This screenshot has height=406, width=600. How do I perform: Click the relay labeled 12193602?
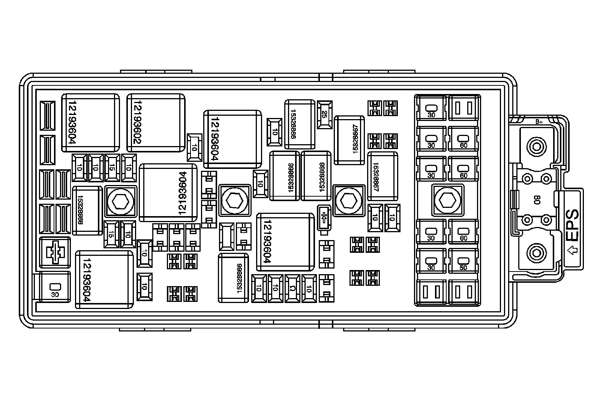click(x=156, y=123)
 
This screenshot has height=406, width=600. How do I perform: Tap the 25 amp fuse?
click(x=325, y=114)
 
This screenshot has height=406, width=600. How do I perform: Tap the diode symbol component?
click(x=324, y=217)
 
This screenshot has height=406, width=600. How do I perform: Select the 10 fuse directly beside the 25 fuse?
click(x=275, y=132)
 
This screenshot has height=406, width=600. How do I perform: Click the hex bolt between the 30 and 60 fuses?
click(x=447, y=200)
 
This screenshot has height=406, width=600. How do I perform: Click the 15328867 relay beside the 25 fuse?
click(x=349, y=140)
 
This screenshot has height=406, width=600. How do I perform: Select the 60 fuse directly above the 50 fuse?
click(x=463, y=232)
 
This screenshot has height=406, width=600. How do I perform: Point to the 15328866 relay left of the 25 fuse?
click(x=299, y=124)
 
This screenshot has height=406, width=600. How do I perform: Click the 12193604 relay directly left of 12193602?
click(x=91, y=123)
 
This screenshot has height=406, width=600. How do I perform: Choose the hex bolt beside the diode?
click(x=349, y=200)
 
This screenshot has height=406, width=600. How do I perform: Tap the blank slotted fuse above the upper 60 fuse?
click(x=463, y=108)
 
